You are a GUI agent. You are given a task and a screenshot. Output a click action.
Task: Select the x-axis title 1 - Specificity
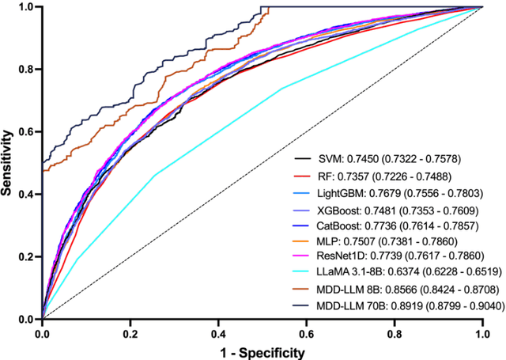pos(262,351)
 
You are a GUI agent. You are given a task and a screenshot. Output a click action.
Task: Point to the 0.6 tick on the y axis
pos(40,131)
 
